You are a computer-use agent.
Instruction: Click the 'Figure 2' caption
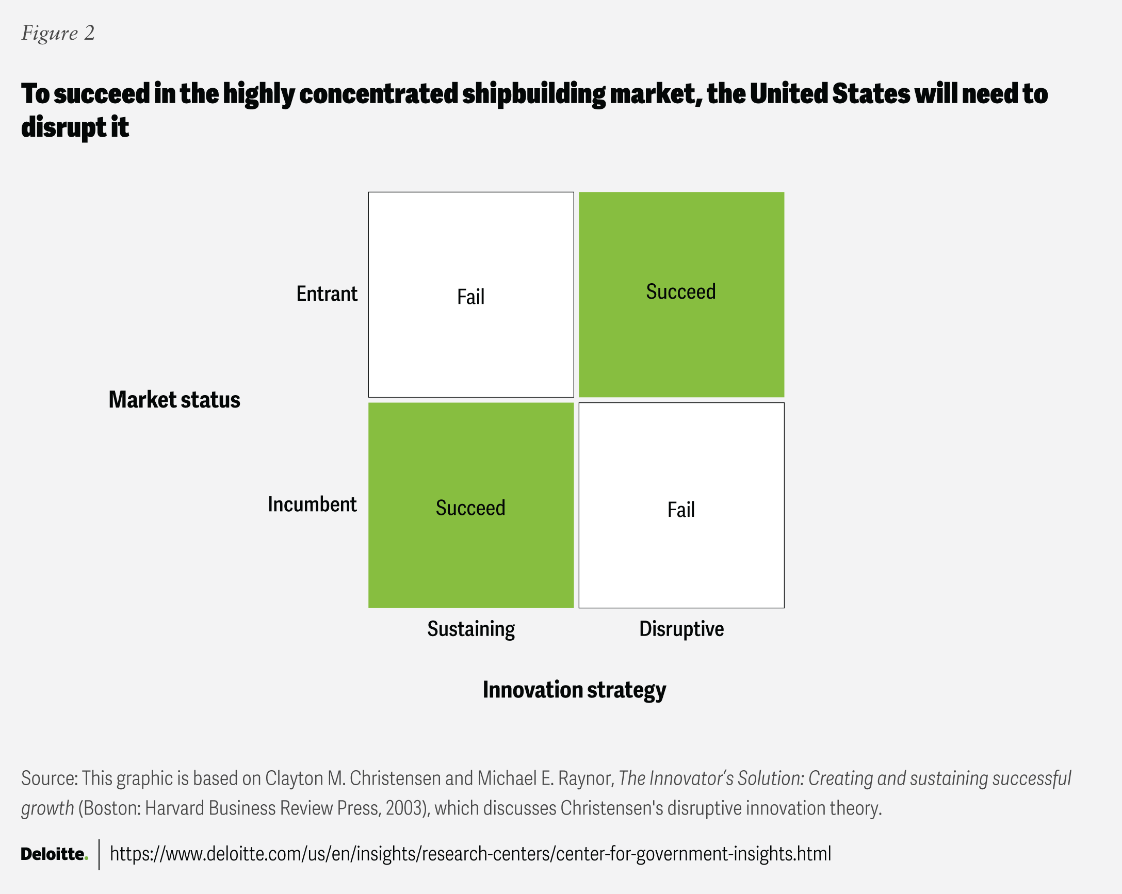point(58,34)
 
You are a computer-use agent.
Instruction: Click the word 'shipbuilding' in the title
point(533,95)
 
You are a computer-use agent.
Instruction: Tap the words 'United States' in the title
point(830,94)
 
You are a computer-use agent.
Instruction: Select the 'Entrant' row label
point(327,294)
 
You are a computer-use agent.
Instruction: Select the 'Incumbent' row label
point(312,504)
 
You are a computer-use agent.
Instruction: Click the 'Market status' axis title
point(174,400)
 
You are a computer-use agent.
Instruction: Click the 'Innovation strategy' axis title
point(574,691)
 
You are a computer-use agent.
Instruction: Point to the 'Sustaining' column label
point(471,629)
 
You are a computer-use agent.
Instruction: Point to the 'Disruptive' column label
point(681,629)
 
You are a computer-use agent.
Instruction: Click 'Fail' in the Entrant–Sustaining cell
point(470,297)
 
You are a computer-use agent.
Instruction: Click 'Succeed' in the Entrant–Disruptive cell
point(681,291)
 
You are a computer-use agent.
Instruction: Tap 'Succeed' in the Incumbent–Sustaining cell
point(470,508)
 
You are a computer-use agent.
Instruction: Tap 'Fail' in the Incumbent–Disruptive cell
point(681,510)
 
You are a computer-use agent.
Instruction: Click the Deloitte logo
point(55,854)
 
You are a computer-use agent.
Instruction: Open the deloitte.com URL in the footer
point(470,854)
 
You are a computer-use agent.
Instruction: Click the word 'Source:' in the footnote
point(50,778)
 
